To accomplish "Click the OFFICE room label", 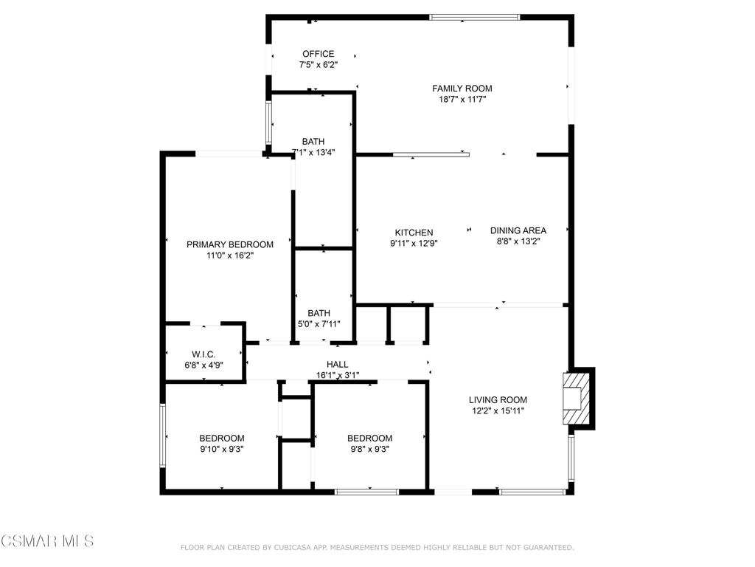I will coord(318,54).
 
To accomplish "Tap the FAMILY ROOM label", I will coord(462,89).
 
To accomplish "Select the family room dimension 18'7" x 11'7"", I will coord(462,99).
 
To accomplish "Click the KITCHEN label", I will coord(414,233).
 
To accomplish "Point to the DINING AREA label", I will coord(518,230).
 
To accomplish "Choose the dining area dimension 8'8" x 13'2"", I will coord(518,241).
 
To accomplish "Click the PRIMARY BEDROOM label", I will coord(229,244).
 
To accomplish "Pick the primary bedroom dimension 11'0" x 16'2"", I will coord(229,255).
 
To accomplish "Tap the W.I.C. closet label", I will coord(203,354).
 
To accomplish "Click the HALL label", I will coord(338,364).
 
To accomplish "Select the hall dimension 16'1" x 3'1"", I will coord(338,374).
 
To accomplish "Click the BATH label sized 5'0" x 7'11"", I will coord(319,313).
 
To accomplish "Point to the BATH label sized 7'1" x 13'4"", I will coord(313,142).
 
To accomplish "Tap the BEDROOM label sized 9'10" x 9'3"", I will coord(222,438).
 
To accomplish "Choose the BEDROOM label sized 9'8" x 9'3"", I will coord(369,438).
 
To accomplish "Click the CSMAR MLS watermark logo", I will coord(47,541).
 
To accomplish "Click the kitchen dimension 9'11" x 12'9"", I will coord(414,243).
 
